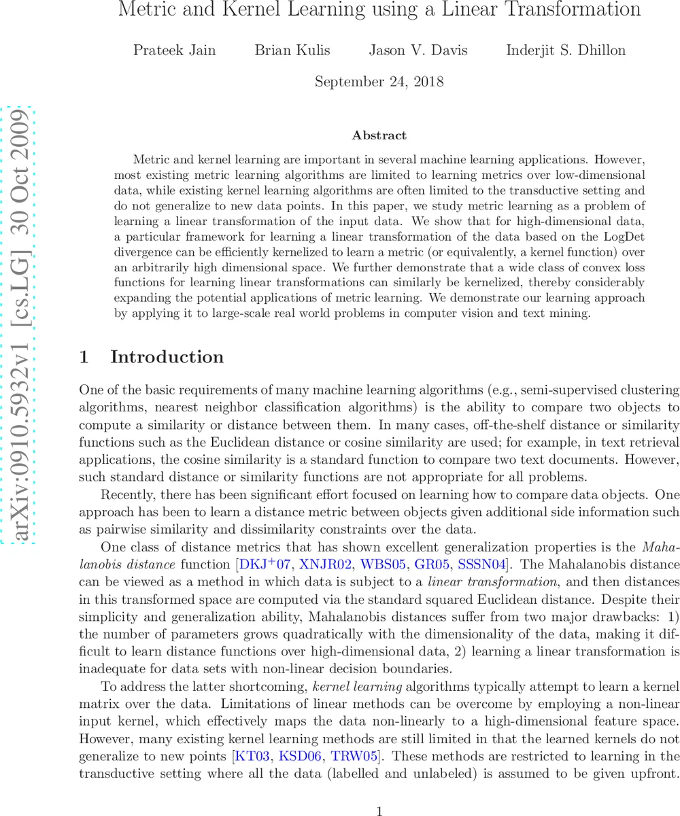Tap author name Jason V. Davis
[x=418, y=50]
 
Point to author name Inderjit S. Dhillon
[x=566, y=50]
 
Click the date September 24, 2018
[x=379, y=82]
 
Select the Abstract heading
[x=379, y=135]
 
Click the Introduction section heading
[x=167, y=357]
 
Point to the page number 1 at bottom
[x=379, y=792]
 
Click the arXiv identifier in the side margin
[x=20, y=324]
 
